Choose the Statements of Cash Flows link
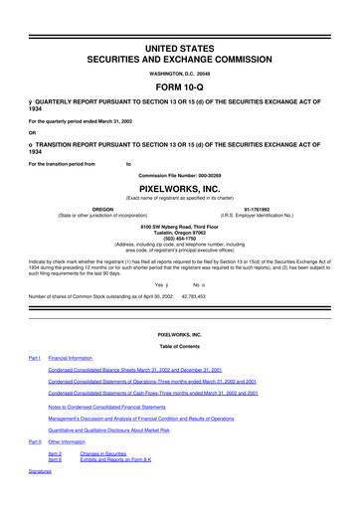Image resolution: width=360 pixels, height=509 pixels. point(153,393)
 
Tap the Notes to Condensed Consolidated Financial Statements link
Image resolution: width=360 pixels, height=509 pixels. point(121,408)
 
